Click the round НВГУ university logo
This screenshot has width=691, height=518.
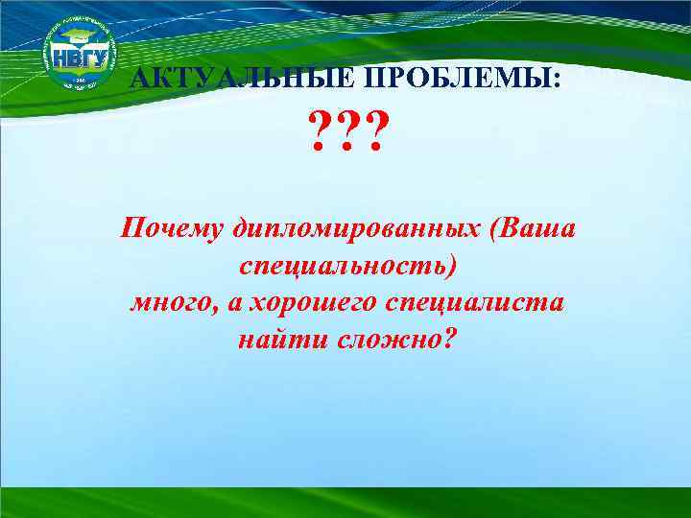[79, 55]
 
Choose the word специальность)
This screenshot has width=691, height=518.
[345, 267]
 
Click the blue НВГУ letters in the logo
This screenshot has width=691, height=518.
[79, 55]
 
